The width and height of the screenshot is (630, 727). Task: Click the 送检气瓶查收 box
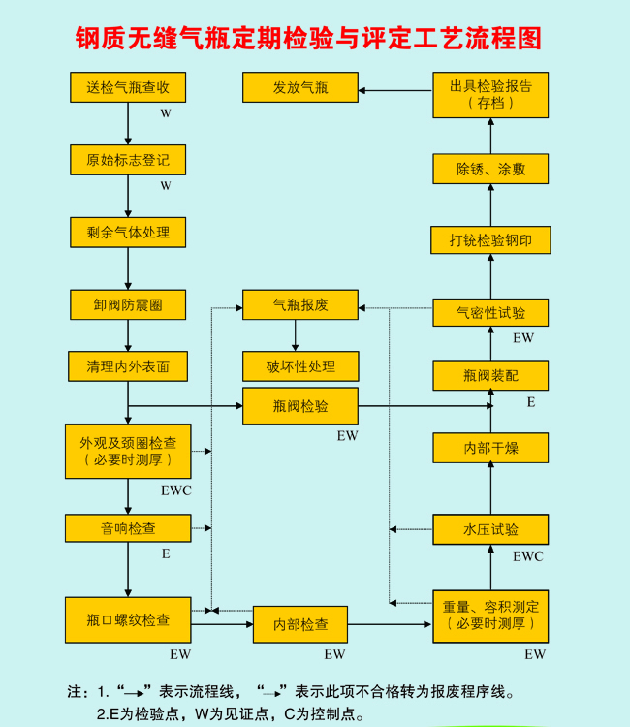(x=128, y=87)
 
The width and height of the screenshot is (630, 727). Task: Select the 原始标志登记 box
(x=128, y=160)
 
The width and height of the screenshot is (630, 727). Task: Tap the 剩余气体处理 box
(x=128, y=233)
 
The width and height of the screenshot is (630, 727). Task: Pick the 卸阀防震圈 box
(x=128, y=304)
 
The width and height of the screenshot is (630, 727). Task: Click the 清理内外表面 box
(x=128, y=366)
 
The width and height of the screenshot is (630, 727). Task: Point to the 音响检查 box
(x=128, y=528)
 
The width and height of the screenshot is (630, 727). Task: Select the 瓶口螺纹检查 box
(x=128, y=620)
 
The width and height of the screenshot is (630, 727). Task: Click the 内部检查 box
(x=300, y=624)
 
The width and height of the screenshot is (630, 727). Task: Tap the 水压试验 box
(x=490, y=529)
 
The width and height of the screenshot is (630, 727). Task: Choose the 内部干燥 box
(x=490, y=448)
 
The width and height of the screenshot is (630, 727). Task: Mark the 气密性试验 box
(x=490, y=312)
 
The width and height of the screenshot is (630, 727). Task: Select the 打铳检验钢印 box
(x=490, y=240)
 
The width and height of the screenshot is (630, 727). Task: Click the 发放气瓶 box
(x=300, y=88)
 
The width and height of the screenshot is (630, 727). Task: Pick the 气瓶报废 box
(x=300, y=304)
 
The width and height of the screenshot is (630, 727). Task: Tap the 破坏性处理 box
(x=300, y=366)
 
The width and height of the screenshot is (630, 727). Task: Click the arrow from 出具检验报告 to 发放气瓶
(x=394, y=91)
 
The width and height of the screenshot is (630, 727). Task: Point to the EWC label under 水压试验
(x=528, y=556)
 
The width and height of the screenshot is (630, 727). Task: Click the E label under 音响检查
(x=166, y=554)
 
